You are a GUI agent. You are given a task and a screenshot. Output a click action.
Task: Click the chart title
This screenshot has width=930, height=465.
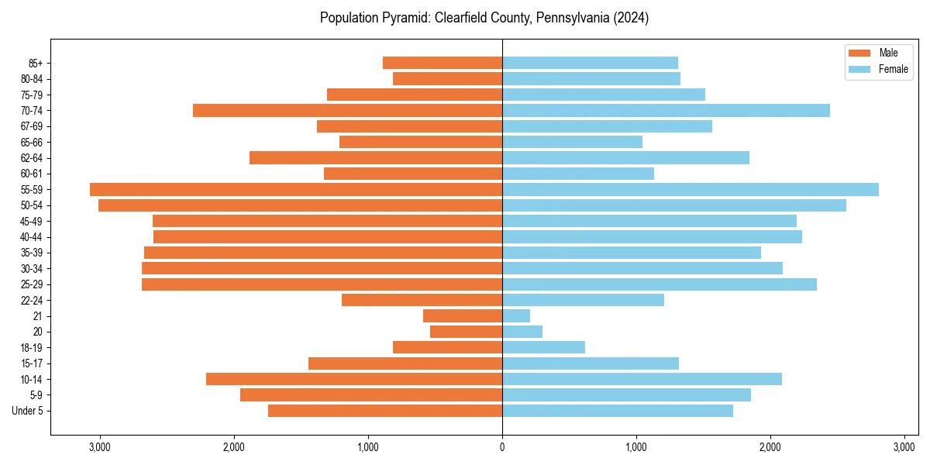click(x=484, y=18)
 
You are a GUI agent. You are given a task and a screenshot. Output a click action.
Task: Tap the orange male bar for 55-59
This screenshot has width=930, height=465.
click(x=296, y=190)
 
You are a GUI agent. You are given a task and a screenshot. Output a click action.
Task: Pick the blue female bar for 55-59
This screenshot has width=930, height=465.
click(x=691, y=190)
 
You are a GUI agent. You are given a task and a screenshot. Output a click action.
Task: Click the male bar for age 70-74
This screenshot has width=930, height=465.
click(x=347, y=111)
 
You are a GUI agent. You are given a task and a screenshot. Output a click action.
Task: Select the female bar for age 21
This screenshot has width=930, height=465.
click(x=516, y=316)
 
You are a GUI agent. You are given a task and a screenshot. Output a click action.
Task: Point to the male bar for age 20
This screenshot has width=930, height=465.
click(x=466, y=332)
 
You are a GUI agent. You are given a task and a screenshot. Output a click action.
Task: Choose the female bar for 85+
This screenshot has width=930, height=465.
click(x=590, y=63)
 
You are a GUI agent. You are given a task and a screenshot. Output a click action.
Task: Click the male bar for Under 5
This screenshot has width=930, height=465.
click(x=385, y=411)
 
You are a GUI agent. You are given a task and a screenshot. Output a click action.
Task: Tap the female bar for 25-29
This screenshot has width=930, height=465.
click(x=660, y=284)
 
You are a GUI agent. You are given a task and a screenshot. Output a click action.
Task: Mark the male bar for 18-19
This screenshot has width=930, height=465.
click(x=447, y=347)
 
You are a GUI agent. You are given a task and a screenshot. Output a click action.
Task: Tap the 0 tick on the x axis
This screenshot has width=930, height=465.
click(x=502, y=447)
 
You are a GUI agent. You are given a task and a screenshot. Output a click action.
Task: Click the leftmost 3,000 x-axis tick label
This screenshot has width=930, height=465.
click(x=100, y=447)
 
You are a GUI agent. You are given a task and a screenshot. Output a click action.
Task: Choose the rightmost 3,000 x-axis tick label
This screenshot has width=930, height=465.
click(x=904, y=447)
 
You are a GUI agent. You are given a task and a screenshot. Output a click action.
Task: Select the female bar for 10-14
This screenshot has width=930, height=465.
click(x=642, y=379)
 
